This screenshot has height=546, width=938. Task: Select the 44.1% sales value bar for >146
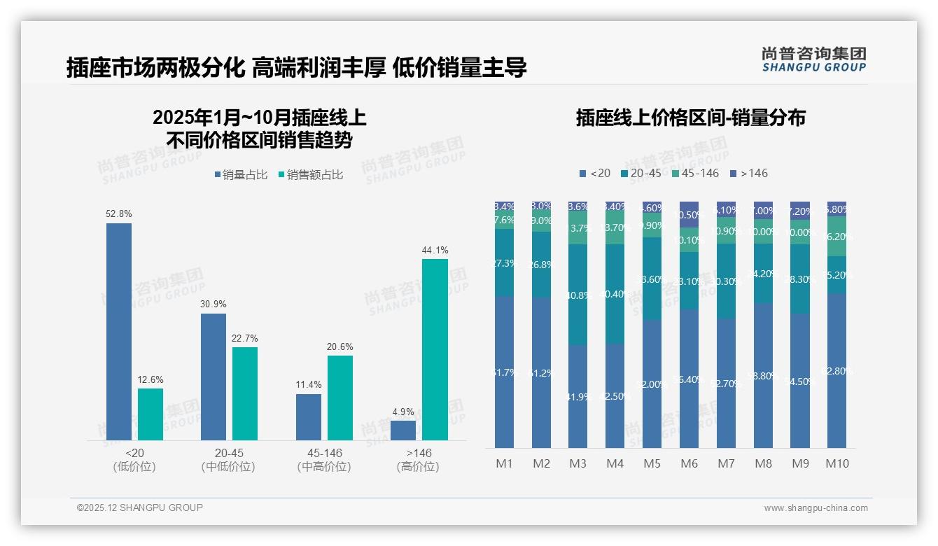435,349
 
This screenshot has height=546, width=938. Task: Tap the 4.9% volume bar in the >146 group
403,430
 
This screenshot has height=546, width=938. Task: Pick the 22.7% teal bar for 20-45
245,393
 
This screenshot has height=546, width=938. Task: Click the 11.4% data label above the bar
309,385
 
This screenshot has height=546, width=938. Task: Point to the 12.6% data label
150,379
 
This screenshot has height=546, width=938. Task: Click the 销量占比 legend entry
241,175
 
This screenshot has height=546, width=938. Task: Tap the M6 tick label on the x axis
689,463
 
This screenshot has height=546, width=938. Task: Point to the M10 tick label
836,463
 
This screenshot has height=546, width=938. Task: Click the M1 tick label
504,463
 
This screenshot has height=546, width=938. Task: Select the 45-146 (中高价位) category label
323,460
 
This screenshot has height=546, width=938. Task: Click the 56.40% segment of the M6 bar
689,379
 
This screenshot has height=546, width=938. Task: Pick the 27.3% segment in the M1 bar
504,262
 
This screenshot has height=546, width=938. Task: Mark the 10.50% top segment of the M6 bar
689,214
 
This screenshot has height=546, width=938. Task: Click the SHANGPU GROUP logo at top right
813,59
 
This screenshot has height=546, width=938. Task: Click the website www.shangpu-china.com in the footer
815,508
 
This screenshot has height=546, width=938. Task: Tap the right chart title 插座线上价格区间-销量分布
690,118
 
